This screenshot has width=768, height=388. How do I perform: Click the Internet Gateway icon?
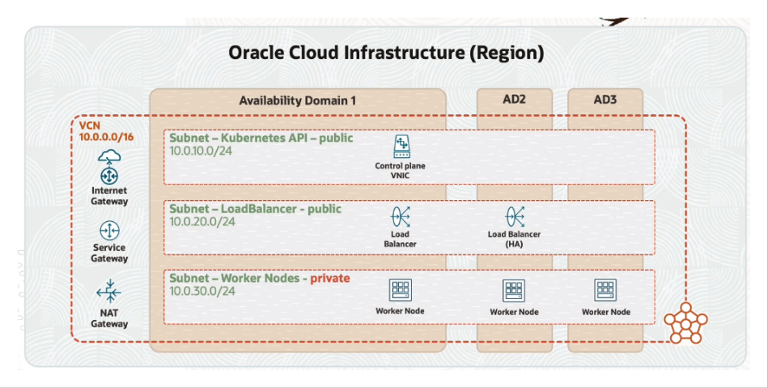pyautogui.click(x=108, y=167)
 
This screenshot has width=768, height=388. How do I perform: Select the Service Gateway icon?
pyautogui.click(x=109, y=231)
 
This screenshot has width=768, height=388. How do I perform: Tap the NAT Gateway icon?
pyautogui.click(x=108, y=292)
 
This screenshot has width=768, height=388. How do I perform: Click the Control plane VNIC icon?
pyautogui.click(x=401, y=147)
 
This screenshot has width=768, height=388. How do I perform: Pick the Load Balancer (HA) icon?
pyautogui.click(x=515, y=216)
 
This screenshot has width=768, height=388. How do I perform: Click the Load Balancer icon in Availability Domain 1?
pyautogui.click(x=400, y=216)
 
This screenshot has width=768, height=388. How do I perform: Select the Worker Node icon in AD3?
pyautogui.click(x=605, y=290)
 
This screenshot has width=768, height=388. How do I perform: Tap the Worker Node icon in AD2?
pyautogui.click(x=514, y=290)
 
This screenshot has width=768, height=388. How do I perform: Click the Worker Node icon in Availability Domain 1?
pyautogui.click(x=400, y=289)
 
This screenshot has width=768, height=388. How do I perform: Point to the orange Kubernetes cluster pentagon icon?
pyautogui.click(x=685, y=322)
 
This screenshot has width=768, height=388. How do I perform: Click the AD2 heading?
pyautogui.click(x=514, y=100)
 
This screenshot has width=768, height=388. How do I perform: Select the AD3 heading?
pyautogui.click(x=605, y=100)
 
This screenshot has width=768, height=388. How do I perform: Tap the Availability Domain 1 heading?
pyautogui.click(x=297, y=100)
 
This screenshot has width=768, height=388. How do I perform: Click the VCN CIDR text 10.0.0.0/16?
pyautogui.click(x=106, y=137)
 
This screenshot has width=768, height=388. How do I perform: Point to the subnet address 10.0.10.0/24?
pyautogui.click(x=201, y=151)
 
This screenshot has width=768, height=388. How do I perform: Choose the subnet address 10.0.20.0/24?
pyautogui.click(x=202, y=222)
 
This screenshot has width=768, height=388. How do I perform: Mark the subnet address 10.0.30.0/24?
pyautogui.click(x=202, y=291)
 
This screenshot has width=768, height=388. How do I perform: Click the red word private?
pyautogui.click(x=330, y=279)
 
